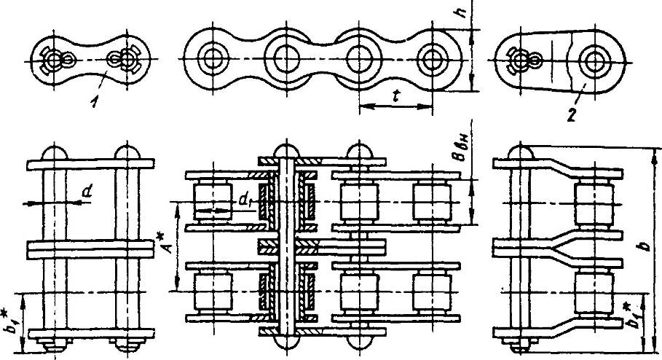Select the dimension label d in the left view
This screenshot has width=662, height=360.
click(87, 192)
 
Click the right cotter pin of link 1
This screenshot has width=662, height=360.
click(126, 58)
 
